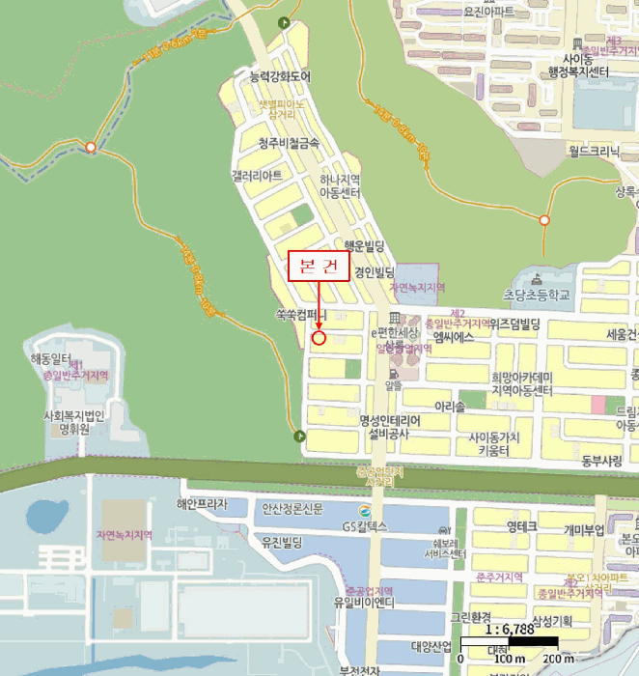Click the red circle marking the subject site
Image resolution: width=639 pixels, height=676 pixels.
(x=319, y=338)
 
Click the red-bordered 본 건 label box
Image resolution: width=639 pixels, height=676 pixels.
(x=319, y=268)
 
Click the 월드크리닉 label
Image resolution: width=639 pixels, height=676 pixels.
(x=594, y=152)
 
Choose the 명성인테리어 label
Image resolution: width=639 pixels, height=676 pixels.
(x=391, y=421)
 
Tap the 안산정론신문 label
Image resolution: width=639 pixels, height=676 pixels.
(x=292, y=508)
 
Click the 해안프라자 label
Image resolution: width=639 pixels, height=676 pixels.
(x=202, y=504)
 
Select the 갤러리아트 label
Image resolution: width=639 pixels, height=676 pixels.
(x=257, y=176)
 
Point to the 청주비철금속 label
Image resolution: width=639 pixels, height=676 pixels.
(x=289, y=143)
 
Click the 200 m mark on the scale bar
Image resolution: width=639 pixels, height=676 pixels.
(x=551, y=660)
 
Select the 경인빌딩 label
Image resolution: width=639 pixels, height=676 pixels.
(x=375, y=271)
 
